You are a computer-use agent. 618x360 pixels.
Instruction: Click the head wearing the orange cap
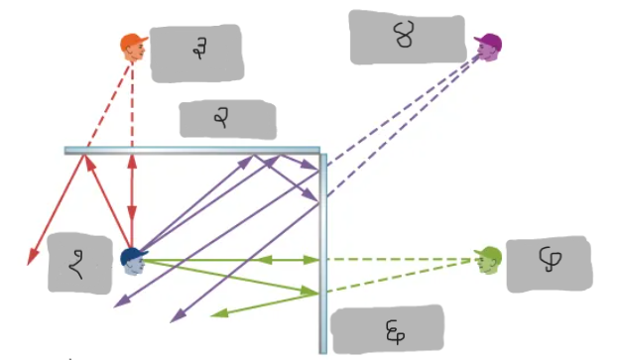[x=134, y=48]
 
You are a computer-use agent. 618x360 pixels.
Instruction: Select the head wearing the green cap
[x=488, y=260]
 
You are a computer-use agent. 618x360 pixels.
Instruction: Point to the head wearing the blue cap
[x=134, y=262]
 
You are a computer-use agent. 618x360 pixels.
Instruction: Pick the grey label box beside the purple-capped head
[x=407, y=37]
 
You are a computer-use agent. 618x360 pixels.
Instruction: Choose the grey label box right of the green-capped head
[x=548, y=265]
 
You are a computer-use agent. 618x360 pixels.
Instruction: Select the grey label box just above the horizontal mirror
[x=226, y=119]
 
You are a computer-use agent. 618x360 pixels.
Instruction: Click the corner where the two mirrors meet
[x=321, y=152]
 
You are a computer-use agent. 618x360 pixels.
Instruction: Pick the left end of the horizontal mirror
[x=67, y=151]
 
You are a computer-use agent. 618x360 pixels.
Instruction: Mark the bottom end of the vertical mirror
[x=322, y=349]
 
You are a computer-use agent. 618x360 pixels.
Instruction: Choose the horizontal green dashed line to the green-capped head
[x=397, y=260]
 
